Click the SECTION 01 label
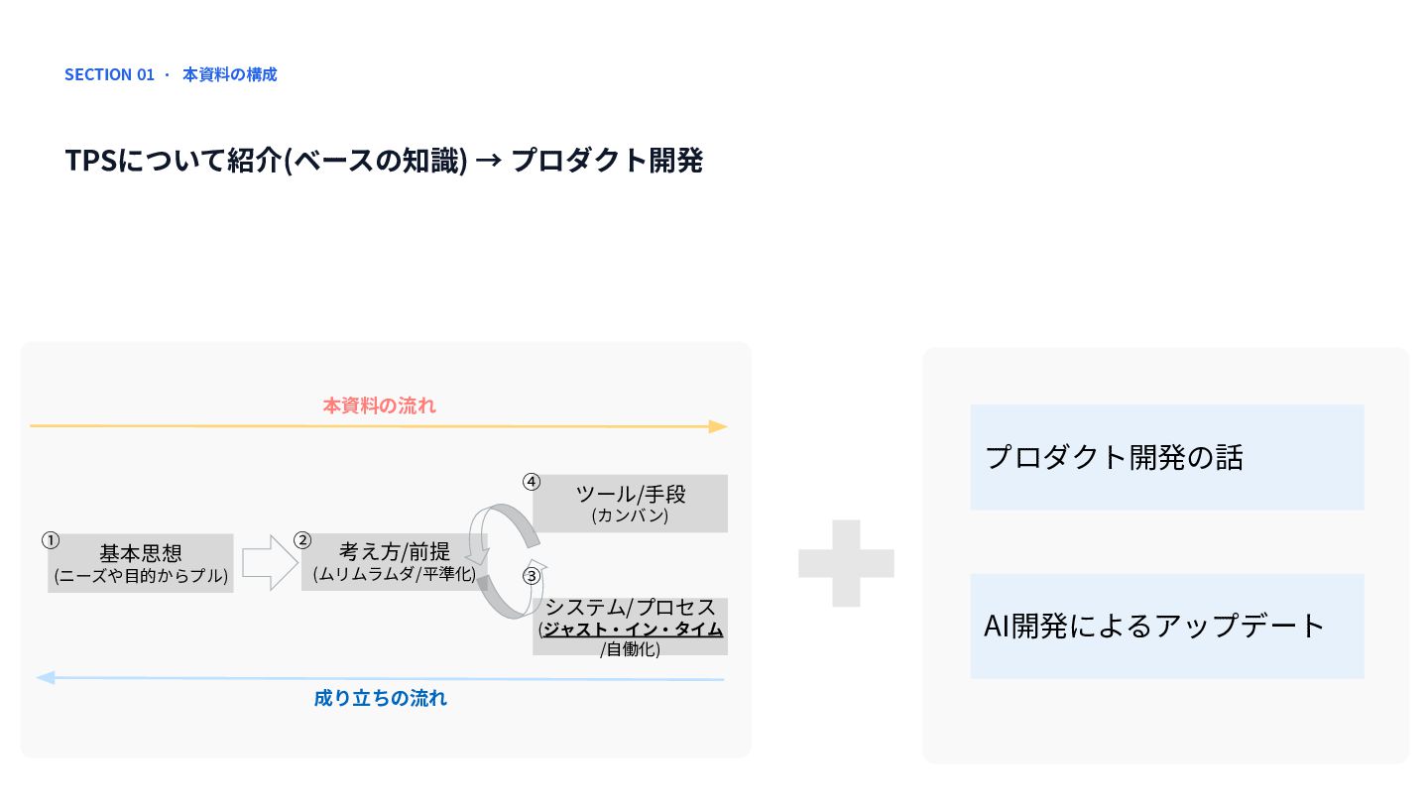click(x=109, y=74)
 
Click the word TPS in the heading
click(x=91, y=160)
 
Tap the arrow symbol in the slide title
click(x=488, y=160)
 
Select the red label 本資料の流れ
click(x=379, y=405)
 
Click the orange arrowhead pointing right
click(x=718, y=426)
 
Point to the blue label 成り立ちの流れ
click(x=381, y=698)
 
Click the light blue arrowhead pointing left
click(x=46, y=677)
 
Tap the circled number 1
click(x=51, y=540)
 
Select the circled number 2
click(x=302, y=540)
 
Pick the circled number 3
click(x=532, y=576)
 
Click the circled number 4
click(x=532, y=482)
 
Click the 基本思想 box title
click(x=141, y=552)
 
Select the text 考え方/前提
click(x=395, y=550)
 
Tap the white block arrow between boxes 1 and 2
click(x=270, y=562)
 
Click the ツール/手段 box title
click(x=631, y=494)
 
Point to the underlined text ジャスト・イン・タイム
click(x=633, y=629)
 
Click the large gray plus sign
click(x=846, y=563)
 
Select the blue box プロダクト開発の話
click(x=1167, y=457)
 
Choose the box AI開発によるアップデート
click(x=1167, y=626)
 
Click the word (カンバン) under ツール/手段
click(x=630, y=515)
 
